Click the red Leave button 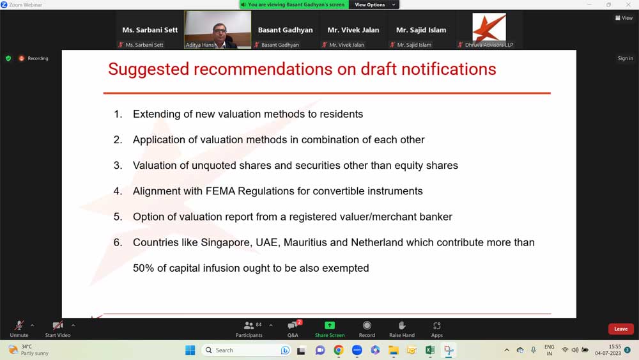coord(620,329)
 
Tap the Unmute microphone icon coord(19,325)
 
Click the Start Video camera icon coord(58,325)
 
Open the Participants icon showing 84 coord(249,325)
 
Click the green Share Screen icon coord(329,325)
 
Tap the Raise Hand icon coord(402,325)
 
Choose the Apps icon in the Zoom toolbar coord(437,325)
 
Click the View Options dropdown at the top coord(374,5)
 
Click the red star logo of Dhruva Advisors coord(489,27)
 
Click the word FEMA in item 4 coord(220,191)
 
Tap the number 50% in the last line coord(143,269)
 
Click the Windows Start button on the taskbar coord(190,350)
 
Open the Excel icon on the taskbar coord(430,350)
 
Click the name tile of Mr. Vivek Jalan coord(353,30)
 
